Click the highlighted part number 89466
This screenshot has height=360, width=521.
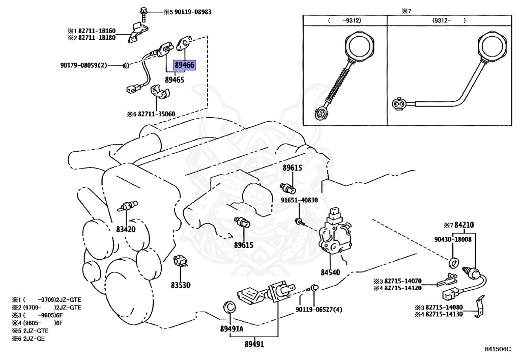(x=184, y=65)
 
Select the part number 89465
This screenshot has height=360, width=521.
(x=175, y=80)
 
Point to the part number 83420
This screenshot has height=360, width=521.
(x=125, y=229)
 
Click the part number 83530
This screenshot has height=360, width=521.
(x=180, y=285)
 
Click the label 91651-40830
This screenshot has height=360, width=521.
(x=299, y=200)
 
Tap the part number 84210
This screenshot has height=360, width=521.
(x=464, y=224)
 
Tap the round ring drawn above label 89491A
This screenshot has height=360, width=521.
(x=229, y=308)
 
